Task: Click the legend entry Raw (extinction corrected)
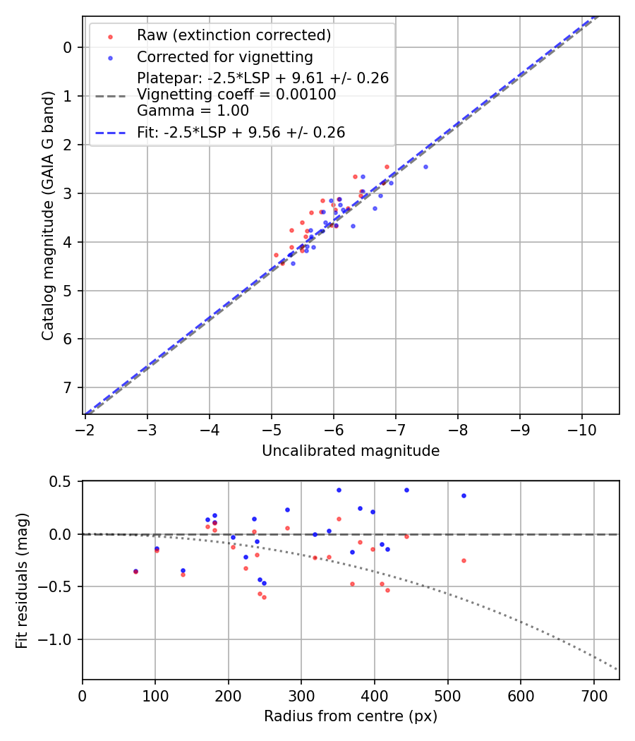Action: [234, 35]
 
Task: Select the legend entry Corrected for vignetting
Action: [224, 56]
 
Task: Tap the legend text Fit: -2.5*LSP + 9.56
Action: [241, 132]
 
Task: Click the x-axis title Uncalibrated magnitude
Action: [351, 451]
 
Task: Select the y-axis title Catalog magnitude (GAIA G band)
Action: [48, 215]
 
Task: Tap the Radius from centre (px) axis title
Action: [351, 716]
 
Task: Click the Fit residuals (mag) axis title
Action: [22, 580]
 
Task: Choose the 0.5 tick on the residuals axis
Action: [64, 481]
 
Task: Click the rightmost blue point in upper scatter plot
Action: [425, 167]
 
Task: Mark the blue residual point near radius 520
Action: [464, 495]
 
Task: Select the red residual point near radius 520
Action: [464, 560]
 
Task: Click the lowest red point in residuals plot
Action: [264, 597]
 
